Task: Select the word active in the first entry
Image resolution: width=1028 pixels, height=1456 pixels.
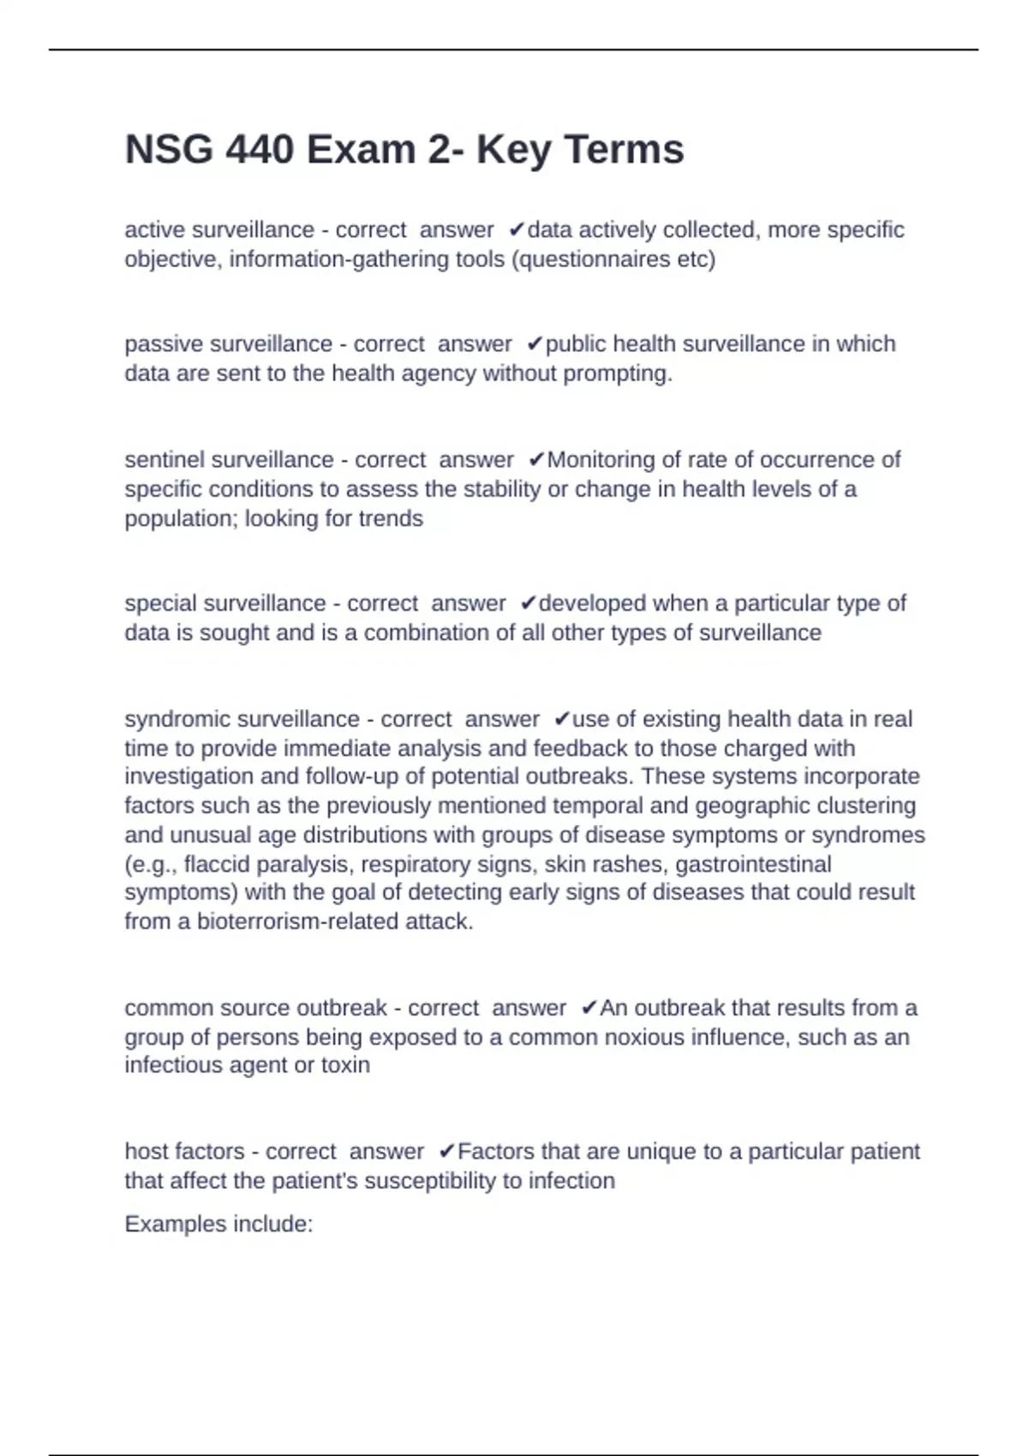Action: point(155,230)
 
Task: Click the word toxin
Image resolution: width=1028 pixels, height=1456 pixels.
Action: point(345,1065)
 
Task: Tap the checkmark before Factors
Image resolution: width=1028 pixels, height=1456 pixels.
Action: point(446,1152)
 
